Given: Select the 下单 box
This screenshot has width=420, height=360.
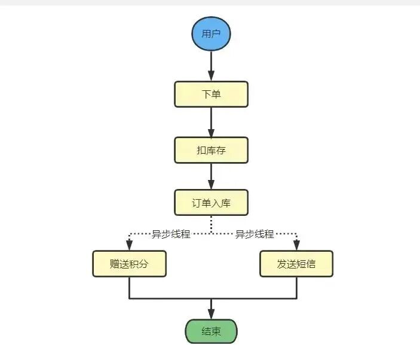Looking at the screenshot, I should tap(211, 94).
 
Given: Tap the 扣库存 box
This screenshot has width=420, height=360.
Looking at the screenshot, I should tap(211, 150).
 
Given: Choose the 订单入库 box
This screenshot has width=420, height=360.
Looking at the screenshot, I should tap(211, 203).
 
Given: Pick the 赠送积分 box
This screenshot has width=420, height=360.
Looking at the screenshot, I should tap(129, 264).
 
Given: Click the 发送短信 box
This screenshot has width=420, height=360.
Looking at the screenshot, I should tap(296, 264).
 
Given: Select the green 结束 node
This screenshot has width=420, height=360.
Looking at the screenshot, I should tap(211, 331).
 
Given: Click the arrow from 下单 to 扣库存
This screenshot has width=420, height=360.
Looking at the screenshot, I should tap(211, 122).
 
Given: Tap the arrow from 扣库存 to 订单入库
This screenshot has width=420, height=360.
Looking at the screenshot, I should tap(211, 176).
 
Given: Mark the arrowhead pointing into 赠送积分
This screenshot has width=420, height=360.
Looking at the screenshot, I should tap(129, 245).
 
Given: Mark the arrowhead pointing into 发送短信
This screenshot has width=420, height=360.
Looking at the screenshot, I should tap(296, 245).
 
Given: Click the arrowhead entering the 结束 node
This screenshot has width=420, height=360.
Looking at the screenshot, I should tap(211, 314).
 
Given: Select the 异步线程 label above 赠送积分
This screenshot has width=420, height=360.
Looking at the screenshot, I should tap(171, 234).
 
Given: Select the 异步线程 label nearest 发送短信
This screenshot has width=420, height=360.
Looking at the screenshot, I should tap(255, 234).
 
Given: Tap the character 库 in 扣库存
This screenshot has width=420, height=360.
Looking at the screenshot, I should tap(211, 150).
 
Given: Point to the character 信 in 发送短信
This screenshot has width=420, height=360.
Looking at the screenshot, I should tap(311, 264).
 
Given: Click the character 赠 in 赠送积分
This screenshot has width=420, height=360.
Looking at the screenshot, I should tap(115, 264).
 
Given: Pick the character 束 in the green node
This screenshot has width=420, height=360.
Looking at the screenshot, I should tap(216, 331).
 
